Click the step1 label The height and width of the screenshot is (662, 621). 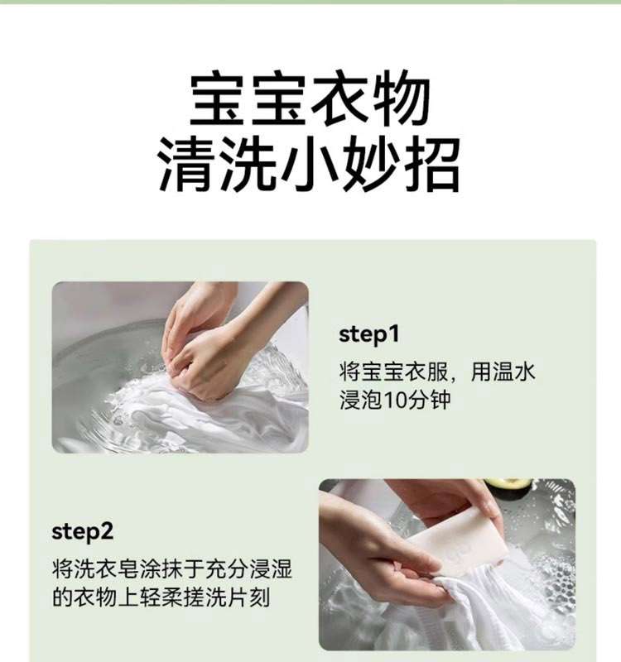(x=368, y=335)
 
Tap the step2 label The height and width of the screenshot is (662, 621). (x=82, y=532)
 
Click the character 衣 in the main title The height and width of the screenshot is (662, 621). (x=340, y=98)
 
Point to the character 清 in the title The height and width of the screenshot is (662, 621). (x=187, y=165)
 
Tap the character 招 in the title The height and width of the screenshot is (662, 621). (x=431, y=165)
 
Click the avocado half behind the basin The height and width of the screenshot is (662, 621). (x=507, y=487)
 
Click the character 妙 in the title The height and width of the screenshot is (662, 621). (x=370, y=165)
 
